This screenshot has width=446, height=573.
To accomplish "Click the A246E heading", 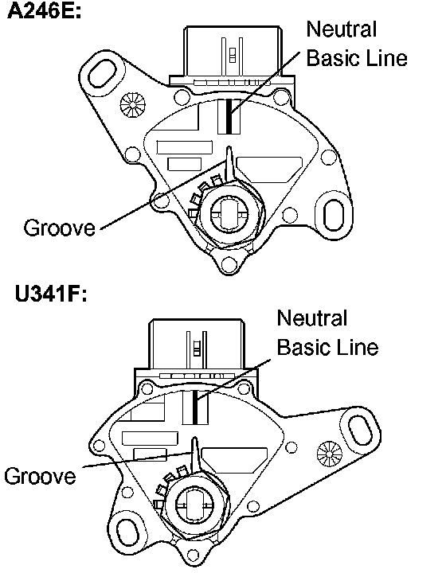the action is [x=45, y=11].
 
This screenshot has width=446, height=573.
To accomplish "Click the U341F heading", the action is [x=51, y=294].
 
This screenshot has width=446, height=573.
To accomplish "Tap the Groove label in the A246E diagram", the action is [x=59, y=228].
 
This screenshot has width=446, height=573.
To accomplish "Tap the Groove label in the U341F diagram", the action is [x=40, y=476].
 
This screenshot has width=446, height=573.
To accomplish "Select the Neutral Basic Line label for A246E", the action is [x=357, y=44].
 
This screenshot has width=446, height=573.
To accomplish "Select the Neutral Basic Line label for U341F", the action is [x=327, y=332].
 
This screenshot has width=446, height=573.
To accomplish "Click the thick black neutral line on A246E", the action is [x=229, y=116].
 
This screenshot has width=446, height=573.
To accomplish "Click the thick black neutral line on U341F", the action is [x=195, y=407].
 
